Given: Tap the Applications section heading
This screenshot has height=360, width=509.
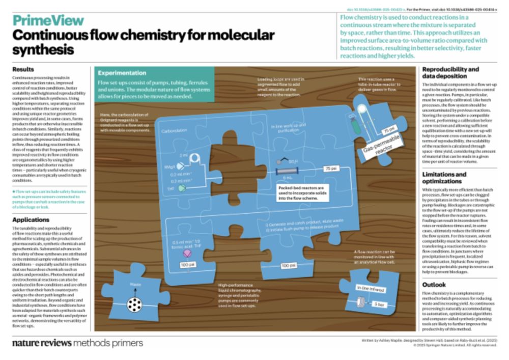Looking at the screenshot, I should [x=32, y=220].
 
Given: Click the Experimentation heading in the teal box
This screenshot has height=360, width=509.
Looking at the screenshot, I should [x=122, y=73].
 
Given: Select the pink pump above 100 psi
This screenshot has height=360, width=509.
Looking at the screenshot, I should [x=187, y=253].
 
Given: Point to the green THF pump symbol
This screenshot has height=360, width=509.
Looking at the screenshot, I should [x=183, y=188].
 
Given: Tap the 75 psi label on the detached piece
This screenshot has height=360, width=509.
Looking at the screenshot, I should [x=390, y=129].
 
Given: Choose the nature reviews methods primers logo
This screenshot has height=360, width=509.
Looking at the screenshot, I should [x=77, y=343].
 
